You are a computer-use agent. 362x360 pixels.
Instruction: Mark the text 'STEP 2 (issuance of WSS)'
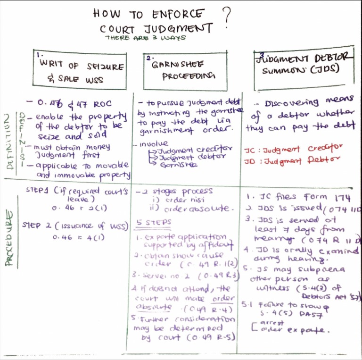click(75, 225)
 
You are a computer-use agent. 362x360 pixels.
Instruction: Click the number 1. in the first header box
click(39, 55)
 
